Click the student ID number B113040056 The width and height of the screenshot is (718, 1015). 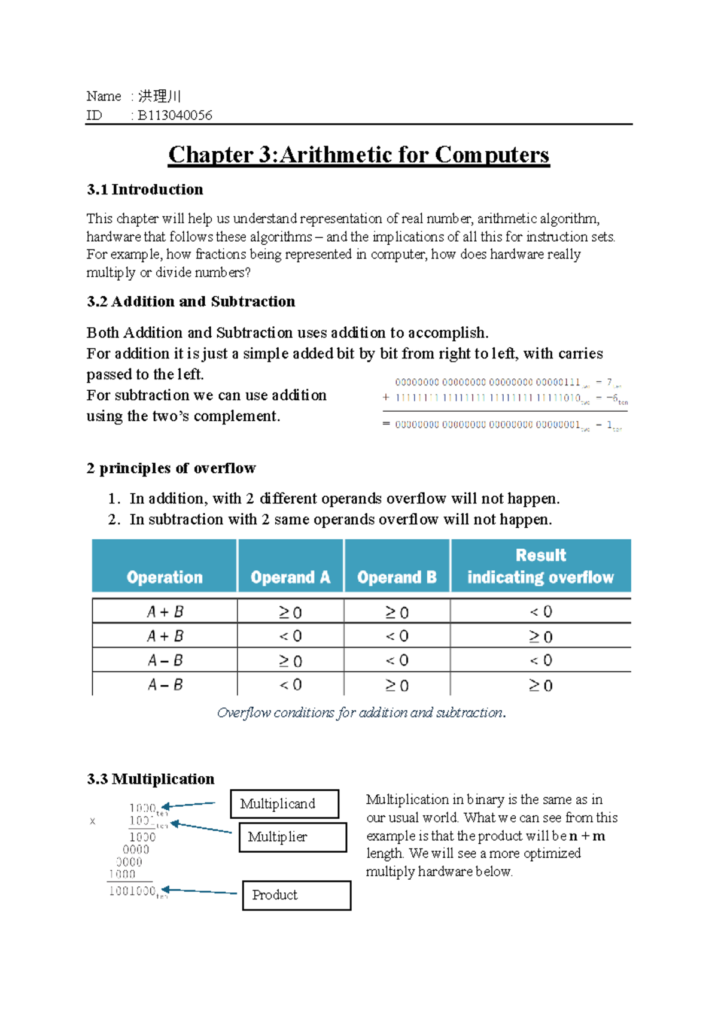coord(175,116)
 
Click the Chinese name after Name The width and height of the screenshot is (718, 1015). coord(159,96)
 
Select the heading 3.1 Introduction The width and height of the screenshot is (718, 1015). coord(145,190)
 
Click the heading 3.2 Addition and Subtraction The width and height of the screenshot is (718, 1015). coord(191,302)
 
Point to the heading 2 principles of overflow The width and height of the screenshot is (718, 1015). coord(171,468)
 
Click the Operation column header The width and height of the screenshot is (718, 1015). coord(165,577)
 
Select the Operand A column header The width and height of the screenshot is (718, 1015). coord(290,577)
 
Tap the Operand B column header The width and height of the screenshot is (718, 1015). coord(397,577)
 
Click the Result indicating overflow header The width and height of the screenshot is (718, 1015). coord(540,566)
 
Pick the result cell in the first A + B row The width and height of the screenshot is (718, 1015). coord(540,612)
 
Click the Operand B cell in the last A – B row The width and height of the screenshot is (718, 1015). coord(397,685)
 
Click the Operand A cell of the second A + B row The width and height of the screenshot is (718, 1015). coord(290,636)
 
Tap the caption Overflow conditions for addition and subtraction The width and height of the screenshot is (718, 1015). coord(361,713)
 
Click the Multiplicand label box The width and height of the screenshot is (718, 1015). coord(284,804)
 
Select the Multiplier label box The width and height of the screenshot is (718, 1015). coord(292,837)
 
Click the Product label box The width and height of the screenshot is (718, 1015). coord(296,895)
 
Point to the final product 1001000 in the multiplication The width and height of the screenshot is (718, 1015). coord(133,891)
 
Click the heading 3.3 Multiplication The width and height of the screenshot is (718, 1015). coord(151,779)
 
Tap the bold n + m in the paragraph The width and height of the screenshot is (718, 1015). coord(587,836)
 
